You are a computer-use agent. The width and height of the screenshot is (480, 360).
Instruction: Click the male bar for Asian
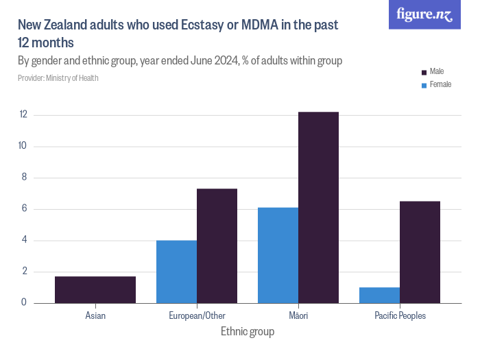pyautogui.click(x=95, y=289)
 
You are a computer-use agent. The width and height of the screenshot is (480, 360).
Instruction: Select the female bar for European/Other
pyautogui.click(x=176, y=272)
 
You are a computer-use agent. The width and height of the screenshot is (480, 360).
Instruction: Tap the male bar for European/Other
pyautogui.click(x=217, y=245)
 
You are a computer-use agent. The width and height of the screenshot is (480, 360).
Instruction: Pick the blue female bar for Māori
pyautogui.click(x=278, y=255)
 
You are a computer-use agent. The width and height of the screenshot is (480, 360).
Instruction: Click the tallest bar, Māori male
pyautogui.click(x=318, y=207)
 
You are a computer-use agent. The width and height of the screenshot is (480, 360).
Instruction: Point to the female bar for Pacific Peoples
pyautogui.click(x=379, y=295)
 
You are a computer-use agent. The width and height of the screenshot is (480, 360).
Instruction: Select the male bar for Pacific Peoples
pyautogui.click(x=420, y=252)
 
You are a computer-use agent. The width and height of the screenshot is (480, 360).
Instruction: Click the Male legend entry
pyautogui.click(x=436, y=71)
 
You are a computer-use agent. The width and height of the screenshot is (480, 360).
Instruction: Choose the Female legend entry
pyautogui.click(x=440, y=84)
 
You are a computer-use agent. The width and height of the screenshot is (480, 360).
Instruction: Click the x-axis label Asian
pyautogui.click(x=95, y=316)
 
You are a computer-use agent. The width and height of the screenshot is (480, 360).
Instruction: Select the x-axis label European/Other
pyautogui.click(x=197, y=316)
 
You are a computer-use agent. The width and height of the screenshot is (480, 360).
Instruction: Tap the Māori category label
pyautogui.click(x=298, y=316)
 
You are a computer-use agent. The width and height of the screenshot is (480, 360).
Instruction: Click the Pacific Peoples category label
pyautogui.click(x=400, y=316)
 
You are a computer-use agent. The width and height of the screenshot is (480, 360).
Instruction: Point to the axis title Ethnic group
pyautogui.click(x=248, y=332)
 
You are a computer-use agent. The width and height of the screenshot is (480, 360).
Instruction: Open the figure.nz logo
pyautogui.click(x=424, y=15)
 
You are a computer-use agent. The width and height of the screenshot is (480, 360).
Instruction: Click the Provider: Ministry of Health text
pyautogui.click(x=58, y=78)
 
